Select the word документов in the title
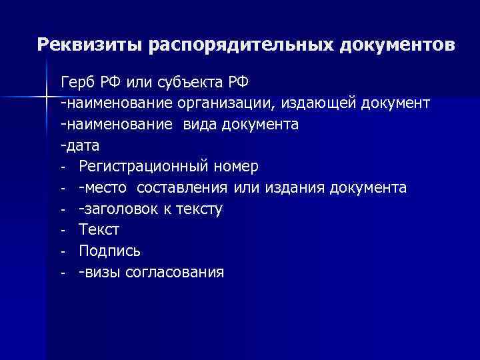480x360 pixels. (x=398, y=45)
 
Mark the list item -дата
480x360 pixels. (x=79, y=145)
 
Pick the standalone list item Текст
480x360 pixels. (x=99, y=230)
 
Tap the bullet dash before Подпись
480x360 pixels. (x=62, y=251)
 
